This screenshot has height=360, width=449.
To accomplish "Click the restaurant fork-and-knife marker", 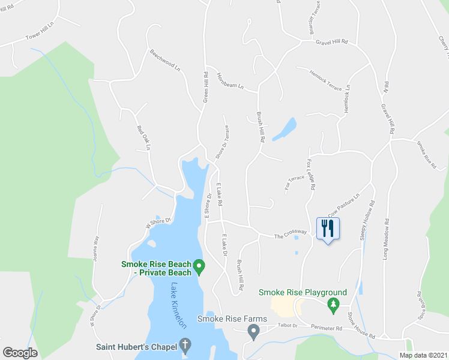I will coord(327,229).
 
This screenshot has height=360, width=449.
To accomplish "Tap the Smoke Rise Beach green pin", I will coord(199,265).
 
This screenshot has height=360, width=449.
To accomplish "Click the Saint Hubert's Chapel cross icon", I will coord(185,346).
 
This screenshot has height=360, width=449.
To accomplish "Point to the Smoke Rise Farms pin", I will coord(254,331).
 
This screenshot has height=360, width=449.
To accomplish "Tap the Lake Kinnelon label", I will coord(179,305).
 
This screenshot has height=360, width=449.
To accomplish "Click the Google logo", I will coord(20,352).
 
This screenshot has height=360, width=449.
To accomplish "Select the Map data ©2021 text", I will coord(423,355).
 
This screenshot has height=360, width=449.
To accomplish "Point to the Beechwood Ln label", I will coord(165,60).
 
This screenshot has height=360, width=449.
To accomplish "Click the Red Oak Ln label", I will coord(143,137).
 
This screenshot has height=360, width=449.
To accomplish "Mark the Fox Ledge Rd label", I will coord(311,174).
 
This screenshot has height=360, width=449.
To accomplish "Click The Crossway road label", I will coord(291,233).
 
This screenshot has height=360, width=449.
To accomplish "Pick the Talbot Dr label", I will coord(287,325).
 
